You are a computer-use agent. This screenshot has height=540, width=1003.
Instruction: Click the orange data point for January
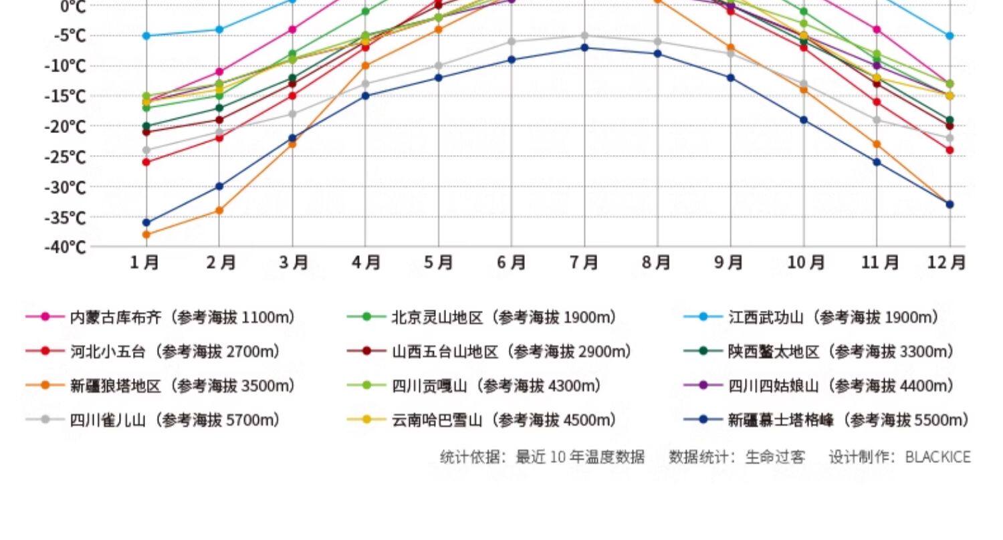pyautogui.click(x=146, y=235)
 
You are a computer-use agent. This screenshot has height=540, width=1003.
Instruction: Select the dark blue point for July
pyautogui.click(x=584, y=47)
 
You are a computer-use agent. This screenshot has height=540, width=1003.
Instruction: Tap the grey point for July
pyautogui.click(x=584, y=35)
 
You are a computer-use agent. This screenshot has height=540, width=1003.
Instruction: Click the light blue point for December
pyautogui.click(x=950, y=35)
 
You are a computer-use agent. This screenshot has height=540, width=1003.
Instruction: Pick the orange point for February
pyautogui.click(x=219, y=211)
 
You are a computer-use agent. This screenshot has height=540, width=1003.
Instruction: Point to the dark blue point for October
pyautogui.click(x=804, y=120)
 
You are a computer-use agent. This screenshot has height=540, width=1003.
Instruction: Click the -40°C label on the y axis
pyautogui.click(x=66, y=247)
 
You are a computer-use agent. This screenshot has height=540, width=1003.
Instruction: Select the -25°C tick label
pyautogui.click(x=66, y=157)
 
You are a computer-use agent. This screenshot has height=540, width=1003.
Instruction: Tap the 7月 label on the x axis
pyautogui.click(x=584, y=263)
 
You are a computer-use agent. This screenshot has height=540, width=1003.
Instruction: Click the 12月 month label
pyautogui.click(x=946, y=263)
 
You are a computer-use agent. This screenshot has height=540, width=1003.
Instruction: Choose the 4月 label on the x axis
pyautogui.click(x=366, y=263)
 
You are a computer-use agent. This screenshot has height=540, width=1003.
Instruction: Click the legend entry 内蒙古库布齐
pyautogui.click(x=116, y=317)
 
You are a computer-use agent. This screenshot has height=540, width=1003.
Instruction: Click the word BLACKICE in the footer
pyautogui.click(x=937, y=457)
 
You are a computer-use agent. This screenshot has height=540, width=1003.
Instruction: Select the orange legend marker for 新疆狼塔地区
pyautogui.click(x=45, y=386)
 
